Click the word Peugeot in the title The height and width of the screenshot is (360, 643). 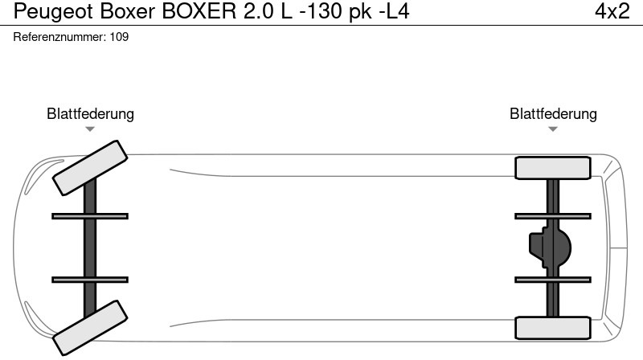pos(54,12)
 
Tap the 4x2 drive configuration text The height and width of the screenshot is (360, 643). pos(612,11)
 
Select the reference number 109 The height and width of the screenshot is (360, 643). pos(119,37)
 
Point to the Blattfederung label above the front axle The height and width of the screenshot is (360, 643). pos(90,113)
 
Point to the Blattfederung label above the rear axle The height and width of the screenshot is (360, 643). pos(553,113)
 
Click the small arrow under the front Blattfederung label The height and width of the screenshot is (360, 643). pos(90,129)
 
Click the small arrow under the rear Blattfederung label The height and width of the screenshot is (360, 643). pos(553,129)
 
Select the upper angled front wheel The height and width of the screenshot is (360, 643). pos(90,168)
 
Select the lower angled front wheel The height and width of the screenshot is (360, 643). pos(90,328)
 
